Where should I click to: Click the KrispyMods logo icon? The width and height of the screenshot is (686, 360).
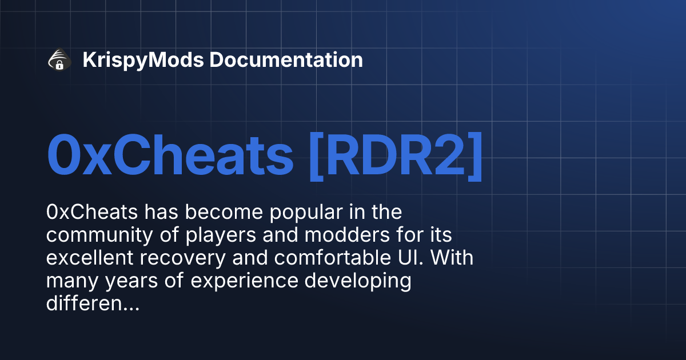(59, 60)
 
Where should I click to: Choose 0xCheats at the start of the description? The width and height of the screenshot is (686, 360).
(91, 213)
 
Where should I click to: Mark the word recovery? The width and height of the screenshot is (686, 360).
(186, 258)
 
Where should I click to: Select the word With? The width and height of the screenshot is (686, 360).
(453, 258)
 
